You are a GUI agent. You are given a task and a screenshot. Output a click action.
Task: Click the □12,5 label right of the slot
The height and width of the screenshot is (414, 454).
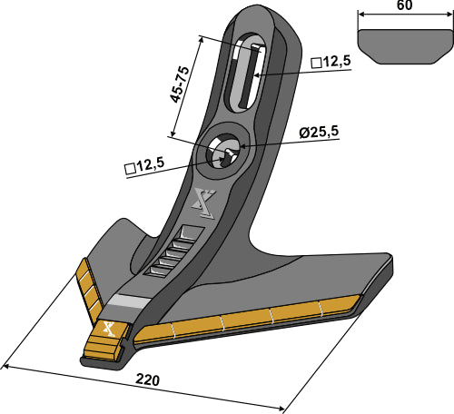331,62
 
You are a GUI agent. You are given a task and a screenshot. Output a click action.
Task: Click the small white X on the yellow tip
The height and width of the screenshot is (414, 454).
108,330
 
